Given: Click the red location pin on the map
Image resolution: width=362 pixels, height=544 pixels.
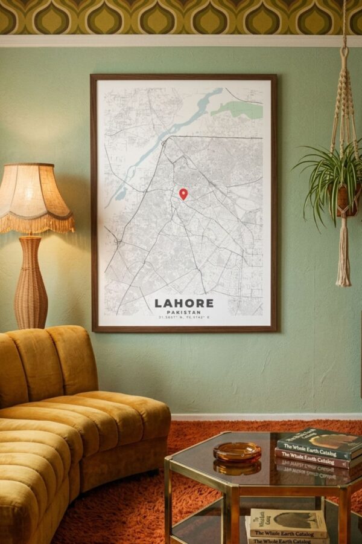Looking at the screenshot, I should (x=183, y=193).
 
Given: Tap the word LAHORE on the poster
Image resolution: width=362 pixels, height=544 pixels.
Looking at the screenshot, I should (x=184, y=303).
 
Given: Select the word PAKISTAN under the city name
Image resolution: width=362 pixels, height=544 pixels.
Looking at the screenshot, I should (x=184, y=312).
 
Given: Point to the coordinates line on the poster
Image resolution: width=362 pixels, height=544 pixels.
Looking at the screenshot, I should (x=184, y=317).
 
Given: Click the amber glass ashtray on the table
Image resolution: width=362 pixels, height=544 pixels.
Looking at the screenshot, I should (x=237, y=451).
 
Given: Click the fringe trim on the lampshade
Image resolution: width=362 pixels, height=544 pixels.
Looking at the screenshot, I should (x=36, y=225).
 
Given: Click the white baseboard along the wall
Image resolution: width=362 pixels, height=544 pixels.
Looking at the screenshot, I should (x=265, y=416).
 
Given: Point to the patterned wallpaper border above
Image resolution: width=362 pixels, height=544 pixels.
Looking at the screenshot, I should (x=181, y=17).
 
